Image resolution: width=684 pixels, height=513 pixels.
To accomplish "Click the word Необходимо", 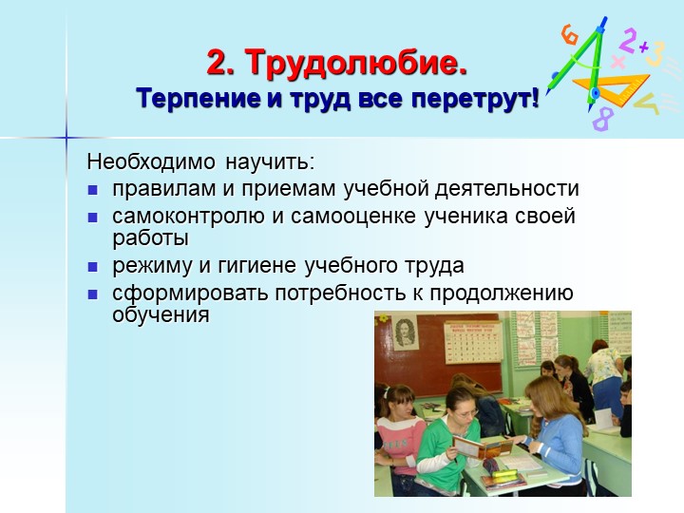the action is click(151, 161).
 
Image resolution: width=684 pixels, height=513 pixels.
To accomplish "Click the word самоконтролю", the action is click(188, 217).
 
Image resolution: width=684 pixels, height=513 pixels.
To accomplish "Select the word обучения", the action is click(161, 315).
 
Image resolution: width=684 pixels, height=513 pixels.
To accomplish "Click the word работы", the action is click(150, 238).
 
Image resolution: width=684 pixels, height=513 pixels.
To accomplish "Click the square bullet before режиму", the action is click(92, 267).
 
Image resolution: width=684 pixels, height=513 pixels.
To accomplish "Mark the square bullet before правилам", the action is click(92, 190).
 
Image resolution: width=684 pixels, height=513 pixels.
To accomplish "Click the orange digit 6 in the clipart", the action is click(569, 34).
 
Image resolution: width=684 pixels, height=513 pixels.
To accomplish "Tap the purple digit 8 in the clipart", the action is click(603, 119).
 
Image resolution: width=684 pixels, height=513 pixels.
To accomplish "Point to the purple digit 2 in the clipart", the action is click(628, 40).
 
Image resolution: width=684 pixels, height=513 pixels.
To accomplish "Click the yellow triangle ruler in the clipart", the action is click(611, 88).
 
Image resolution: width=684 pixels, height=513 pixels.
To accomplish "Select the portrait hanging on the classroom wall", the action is click(406, 333).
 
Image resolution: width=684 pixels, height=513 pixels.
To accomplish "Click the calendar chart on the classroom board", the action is click(473, 342).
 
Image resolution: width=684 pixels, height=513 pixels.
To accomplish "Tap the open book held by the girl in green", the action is click(483, 448).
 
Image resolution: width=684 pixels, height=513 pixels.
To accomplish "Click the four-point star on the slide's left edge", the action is click(66, 138).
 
